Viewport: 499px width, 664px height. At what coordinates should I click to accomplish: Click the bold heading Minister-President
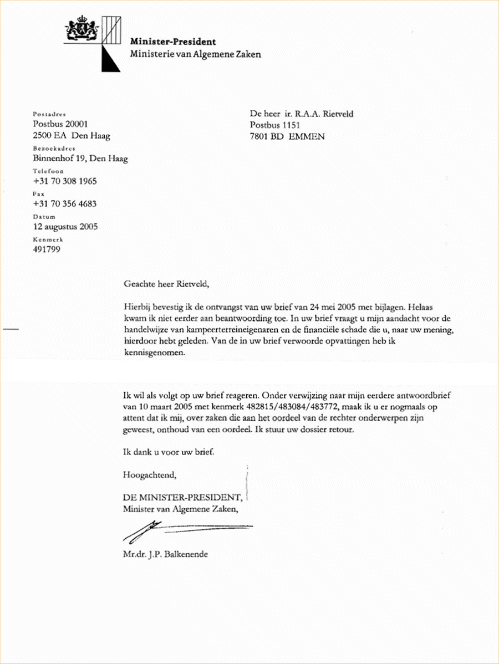[173, 42]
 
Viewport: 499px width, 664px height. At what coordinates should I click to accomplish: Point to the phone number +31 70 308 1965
[65, 181]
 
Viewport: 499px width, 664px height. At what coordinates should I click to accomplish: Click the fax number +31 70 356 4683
[65, 204]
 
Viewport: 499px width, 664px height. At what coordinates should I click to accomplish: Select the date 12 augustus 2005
[67, 227]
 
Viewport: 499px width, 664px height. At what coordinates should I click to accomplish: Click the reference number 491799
[47, 249]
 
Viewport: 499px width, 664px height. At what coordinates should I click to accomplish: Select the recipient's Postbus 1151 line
[274, 125]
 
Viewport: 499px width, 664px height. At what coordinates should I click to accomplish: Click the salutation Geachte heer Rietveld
[167, 285]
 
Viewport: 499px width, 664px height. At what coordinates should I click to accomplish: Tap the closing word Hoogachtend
[150, 475]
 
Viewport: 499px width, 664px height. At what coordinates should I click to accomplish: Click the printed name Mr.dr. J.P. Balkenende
[166, 554]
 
